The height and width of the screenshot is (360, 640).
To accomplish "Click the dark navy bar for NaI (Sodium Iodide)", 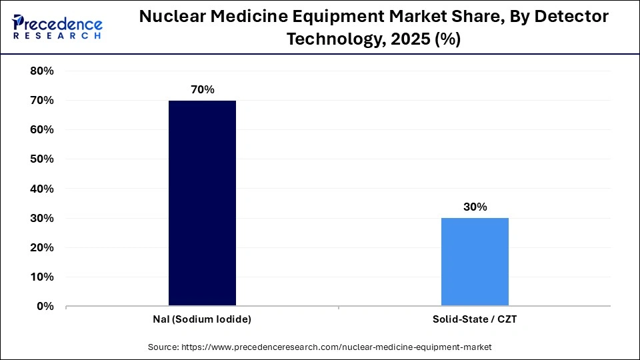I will (202, 203).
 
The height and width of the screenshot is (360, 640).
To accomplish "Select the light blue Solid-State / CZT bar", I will (475, 261).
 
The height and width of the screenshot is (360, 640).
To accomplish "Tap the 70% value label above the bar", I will (202, 89).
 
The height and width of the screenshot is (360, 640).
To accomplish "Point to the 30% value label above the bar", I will (475, 207).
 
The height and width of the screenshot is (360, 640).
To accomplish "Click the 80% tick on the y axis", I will (42, 71).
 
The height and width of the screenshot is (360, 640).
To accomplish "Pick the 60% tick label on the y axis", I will (42, 130).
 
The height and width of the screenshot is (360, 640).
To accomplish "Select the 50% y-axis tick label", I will (42, 159).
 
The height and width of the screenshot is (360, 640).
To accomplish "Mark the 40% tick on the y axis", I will (42, 189).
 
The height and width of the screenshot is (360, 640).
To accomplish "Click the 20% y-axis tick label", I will (42, 247).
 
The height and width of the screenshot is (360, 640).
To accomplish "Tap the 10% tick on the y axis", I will (42, 277).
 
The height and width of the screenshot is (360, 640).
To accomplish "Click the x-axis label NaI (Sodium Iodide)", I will (202, 319).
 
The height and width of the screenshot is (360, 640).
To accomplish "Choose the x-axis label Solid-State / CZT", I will (475, 319).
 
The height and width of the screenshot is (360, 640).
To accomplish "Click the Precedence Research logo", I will (57, 27).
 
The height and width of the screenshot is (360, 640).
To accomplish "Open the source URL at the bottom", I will (319, 347).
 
